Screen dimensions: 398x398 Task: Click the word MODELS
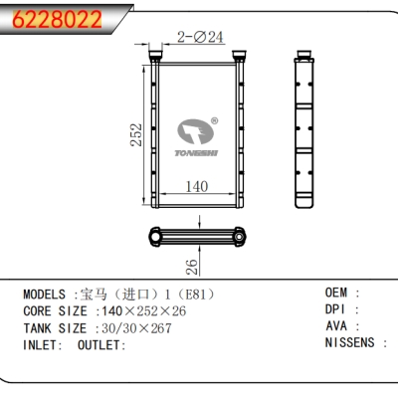pos(46,296)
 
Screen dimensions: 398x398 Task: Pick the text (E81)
pos(195,296)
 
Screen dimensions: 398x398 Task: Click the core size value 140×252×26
pos(139,311)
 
